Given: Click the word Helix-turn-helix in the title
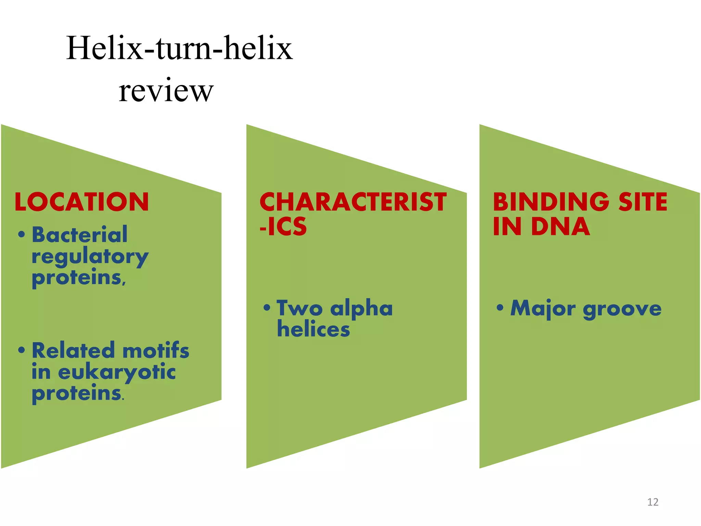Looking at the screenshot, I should pyautogui.click(x=179, y=48).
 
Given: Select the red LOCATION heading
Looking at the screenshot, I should pyautogui.click(x=82, y=202).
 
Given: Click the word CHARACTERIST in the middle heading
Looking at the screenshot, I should pyautogui.click(x=353, y=202).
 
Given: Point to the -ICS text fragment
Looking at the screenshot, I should pyautogui.click(x=283, y=226).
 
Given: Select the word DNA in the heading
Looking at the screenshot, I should pyautogui.click(x=561, y=226).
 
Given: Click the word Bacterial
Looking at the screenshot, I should pyautogui.click(x=79, y=235).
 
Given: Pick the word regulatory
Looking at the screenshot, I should pyautogui.click(x=90, y=257).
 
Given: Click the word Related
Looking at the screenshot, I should pyautogui.click(x=73, y=351).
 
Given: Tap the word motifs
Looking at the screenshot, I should pyautogui.click(x=156, y=351).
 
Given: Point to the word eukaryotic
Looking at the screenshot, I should pyautogui.click(x=117, y=373).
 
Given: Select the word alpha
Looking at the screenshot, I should pyautogui.click(x=361, y=309).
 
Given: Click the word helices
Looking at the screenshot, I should pyautogui.click(x=314, y=329).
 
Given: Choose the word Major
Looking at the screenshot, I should pyautogui.click(x=543, y=309).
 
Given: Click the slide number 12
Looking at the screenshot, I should pyautogui.click(x=653, y=502).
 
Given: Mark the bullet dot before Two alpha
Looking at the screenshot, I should pyautogui.click(x=267, y=307).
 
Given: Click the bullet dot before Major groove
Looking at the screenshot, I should pyautogui.click(x=500, y=307).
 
